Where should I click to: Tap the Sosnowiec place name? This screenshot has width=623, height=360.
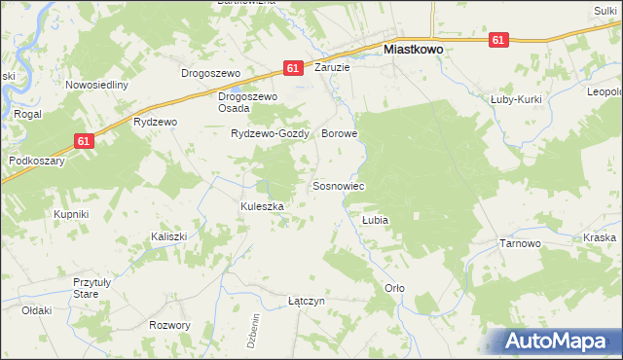click(x=338, y=185)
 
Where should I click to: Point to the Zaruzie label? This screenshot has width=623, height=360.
click(x=332, y=68)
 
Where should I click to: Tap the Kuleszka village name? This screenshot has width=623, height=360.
click(x=262, y=206)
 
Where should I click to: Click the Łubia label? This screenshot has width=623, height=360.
click(x=375, y=220)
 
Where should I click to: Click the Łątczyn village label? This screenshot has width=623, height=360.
click(x=306, y=302)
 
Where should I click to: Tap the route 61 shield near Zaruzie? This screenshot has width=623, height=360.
click(x=293, y=68)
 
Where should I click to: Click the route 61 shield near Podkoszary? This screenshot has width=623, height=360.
click(x=85, y=141)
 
